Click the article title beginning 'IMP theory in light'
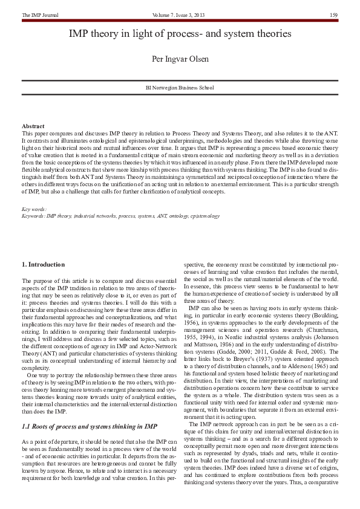click(180, 34)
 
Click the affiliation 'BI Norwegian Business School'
click(180, 88)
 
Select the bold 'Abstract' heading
click(33, 126)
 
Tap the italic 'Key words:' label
click(34, 209)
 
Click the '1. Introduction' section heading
click(47, 265)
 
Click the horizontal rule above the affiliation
click(180, 79)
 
